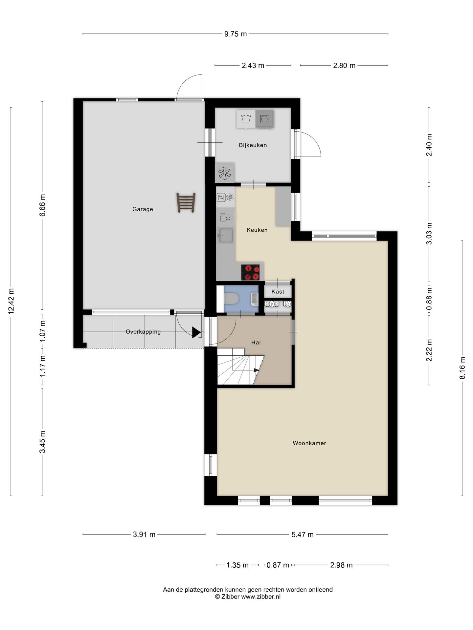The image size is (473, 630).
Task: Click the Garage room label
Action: click(143, 209)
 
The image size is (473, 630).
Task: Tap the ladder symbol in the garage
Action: click(186, 202)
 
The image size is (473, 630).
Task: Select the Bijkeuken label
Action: click(253, 145)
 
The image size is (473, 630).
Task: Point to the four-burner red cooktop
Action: click(250, 272)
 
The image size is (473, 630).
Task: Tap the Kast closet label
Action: click(278, 291)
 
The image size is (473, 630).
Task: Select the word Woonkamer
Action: click(309, 443)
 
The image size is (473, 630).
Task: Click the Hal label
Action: click(256, 342)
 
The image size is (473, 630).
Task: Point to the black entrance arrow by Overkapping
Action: click(196, 332)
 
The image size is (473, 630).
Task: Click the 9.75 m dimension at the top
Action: click(236, 34)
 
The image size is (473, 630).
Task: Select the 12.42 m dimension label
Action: click(11, 301)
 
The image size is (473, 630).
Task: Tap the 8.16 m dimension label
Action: click(462, 368)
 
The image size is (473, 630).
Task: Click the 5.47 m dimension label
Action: click(303, 535)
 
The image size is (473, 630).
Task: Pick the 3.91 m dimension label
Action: click(144, 535)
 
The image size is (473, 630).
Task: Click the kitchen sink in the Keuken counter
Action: click(226, 235)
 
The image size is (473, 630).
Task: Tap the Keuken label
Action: click(257, 230)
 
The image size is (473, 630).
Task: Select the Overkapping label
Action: click(143, 332)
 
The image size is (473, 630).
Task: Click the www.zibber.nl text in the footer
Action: click(261, 597)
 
